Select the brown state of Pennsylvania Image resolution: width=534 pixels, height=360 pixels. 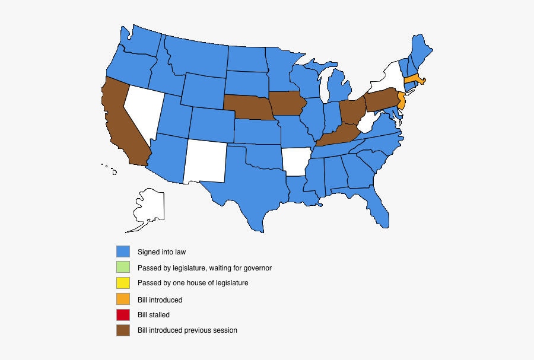coord(380,100)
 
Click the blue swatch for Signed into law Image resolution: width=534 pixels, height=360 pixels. coord(123,252)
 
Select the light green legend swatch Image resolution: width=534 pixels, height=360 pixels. coord(123,267)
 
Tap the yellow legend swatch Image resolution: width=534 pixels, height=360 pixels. coord(123,283)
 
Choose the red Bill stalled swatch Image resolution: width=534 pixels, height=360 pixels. coord(123,314)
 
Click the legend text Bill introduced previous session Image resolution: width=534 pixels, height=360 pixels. coord(187,330)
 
